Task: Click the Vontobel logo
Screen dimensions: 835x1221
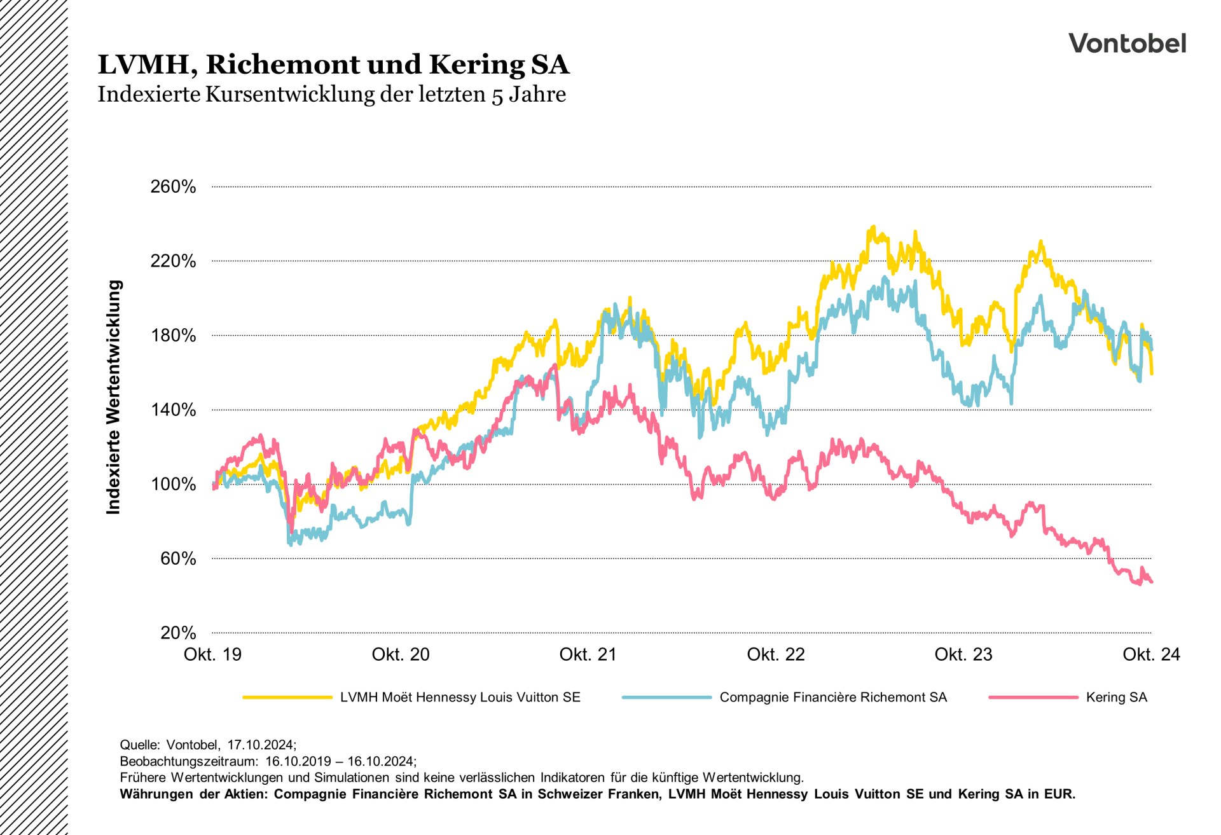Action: pos(1127,43)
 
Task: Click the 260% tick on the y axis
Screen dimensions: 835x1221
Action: pos(173,187)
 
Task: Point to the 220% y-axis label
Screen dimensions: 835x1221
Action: pos(173,261)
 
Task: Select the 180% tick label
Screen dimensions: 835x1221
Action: pos(173,336)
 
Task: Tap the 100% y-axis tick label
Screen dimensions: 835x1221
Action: pos(173,485)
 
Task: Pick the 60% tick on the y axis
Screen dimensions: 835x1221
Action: pos(177,559)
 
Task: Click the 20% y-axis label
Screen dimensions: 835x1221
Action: pos(177,633)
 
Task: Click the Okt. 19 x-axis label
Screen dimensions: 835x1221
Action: pos(212,654)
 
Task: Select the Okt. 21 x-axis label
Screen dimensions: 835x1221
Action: pos(588,654)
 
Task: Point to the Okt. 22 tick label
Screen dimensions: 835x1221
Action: pos(776,654)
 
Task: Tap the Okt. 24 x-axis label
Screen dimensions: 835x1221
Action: pos(1151,654)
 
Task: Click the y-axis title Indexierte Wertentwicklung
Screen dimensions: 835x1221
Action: pos(113,397)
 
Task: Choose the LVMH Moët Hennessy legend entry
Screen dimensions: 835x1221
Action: pos(460,698)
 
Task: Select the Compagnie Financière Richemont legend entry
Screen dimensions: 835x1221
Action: pos(832,698)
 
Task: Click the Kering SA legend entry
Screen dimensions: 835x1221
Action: pos(1116,698)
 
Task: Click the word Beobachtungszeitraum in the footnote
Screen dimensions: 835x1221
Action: pos(188,761)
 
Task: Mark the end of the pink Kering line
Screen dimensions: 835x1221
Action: pos(1152,582)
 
